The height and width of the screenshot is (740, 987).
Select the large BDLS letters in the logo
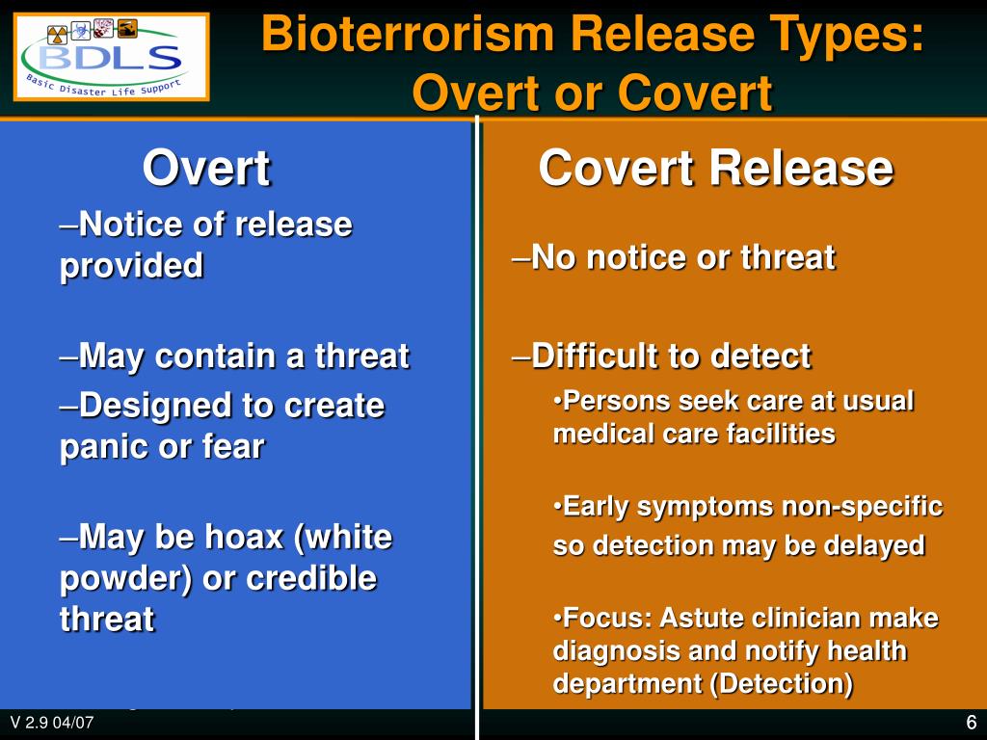tap(111, 58)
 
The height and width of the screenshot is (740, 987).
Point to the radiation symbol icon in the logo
tap(57, 34)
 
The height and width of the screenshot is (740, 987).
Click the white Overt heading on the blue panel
tap(206, 168)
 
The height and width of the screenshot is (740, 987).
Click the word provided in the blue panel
tap(131, 266)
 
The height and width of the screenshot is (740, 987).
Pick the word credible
tap(311, 578)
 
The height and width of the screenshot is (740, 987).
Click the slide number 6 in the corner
tap(972, 722)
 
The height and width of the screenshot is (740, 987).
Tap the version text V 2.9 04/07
tap(52, 722)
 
